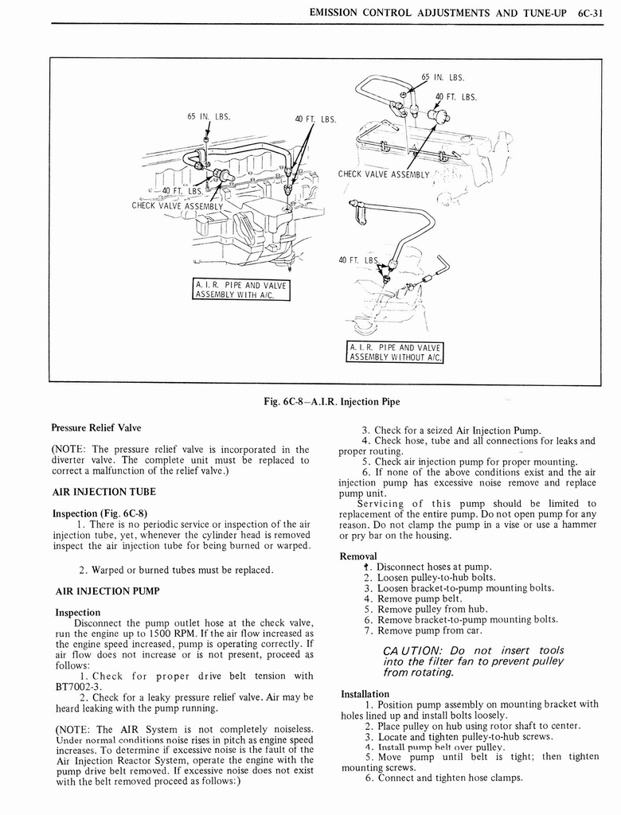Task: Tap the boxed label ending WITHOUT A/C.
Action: [x=395, y=352]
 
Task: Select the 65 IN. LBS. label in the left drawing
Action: [x=209, y=116]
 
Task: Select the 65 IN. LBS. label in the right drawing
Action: [x=443, y=78]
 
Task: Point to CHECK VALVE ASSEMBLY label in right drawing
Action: [x=384, y=174]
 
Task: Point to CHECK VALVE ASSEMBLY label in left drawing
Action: [x=178, y=204]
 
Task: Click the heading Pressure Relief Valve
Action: [x=96, y=428]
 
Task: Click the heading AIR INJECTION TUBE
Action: [x=103, y=491]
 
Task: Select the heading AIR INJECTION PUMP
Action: [x=107, y=591]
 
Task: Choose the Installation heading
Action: [x=365, y=693]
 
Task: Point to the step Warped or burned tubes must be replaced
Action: [x=176, y=570]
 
